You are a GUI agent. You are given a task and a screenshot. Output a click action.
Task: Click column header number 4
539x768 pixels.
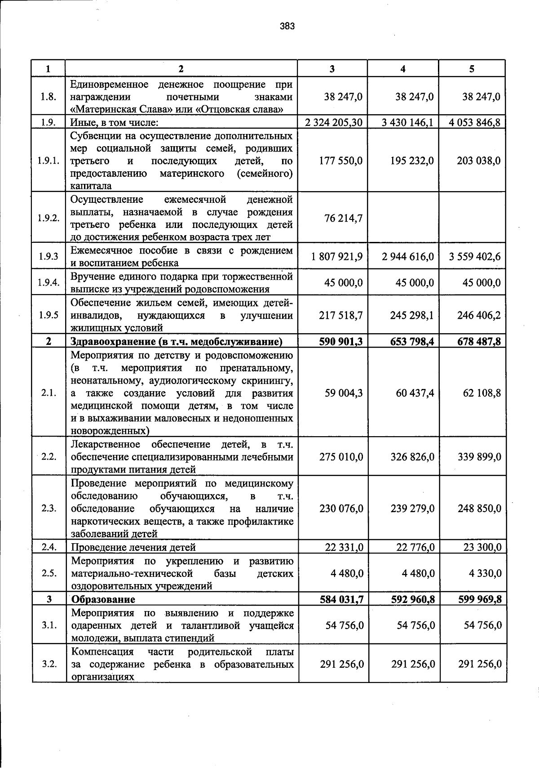point(403,69)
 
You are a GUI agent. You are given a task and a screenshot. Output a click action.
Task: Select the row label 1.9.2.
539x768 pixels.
point(49,218)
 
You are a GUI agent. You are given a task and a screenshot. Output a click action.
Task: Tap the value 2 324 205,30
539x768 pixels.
point(334,122)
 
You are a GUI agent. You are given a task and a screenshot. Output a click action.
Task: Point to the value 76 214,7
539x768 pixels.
point(344,218)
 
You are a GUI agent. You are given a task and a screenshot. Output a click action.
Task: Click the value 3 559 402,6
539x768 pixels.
point(475,257)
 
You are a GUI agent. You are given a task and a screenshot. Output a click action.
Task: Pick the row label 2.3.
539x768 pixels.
point(49,508)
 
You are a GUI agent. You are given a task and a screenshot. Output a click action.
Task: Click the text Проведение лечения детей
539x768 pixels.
point(133,547)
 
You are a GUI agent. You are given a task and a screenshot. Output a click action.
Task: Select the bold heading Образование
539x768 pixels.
point(103,599)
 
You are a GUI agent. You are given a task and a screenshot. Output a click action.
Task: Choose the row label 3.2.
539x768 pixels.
point(49,664)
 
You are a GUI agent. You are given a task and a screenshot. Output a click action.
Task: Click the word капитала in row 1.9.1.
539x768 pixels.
point(91,186)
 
